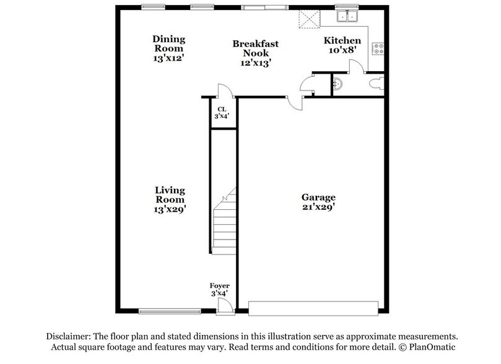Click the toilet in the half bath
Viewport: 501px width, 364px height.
(x=376, y=83)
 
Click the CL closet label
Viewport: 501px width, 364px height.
(x=221, y=111)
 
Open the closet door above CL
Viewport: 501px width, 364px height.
(x=224, y=90)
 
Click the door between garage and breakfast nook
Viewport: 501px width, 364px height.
(x=295, y=102)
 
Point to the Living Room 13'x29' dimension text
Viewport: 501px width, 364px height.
(x=170, y=209)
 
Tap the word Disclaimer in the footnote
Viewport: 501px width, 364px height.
(x=71, y=334)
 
